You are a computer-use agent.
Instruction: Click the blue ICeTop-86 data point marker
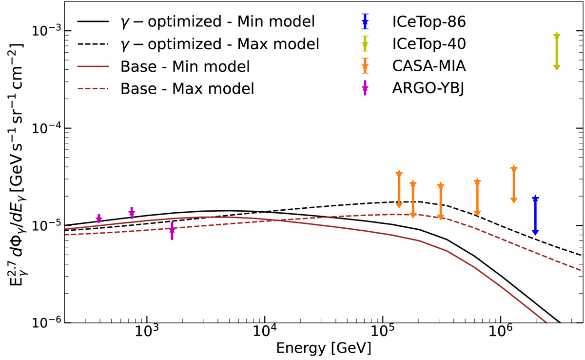coord(535,199)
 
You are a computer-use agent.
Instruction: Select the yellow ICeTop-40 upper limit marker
coord(557,36)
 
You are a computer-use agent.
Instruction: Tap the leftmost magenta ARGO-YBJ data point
coord(99,219)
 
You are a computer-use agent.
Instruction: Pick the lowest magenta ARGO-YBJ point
coord(172,230)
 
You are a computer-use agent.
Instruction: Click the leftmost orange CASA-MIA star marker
coord(399,174)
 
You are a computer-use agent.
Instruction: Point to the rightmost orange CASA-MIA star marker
coord(514,169)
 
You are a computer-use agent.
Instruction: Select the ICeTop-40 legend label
coord(428,44)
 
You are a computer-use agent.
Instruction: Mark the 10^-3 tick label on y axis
coord(46,30)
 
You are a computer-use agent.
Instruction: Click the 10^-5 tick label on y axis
coord(46,226)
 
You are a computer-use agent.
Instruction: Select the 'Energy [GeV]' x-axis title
coord(323,349)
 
